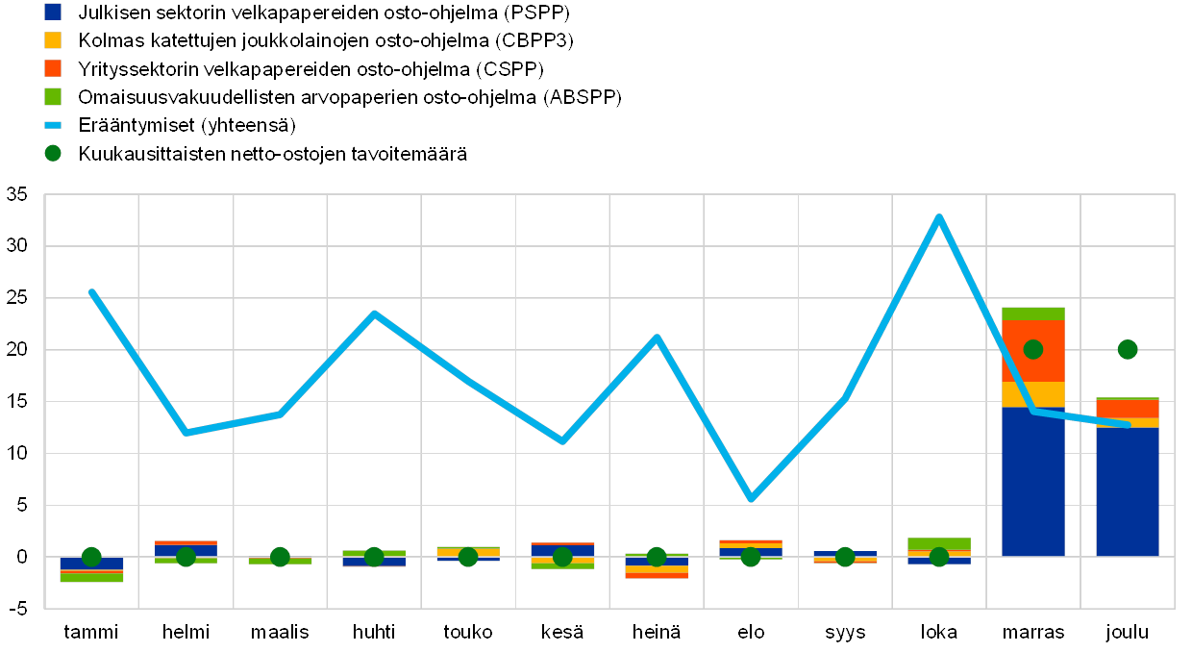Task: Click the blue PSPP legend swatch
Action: [x=54, y=13]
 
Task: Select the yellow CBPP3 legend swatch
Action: [x=54, y=40]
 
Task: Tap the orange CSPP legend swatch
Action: [x=54, y=68]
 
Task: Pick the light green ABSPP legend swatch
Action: [x=54, y=97]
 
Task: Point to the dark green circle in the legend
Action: [x=54, y=153]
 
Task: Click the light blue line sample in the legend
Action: [x=54, y=125]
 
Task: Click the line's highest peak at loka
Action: [x=939, y=217]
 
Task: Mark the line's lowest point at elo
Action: [x=751, y=498]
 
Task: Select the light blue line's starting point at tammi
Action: [x=91, y=291]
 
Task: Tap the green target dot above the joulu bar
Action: [x=1128, y=349]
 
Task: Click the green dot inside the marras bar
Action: [x=1033, y=349]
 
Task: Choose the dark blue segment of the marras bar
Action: [x=1033, y=481]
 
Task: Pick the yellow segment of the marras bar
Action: [x=1033, y=394]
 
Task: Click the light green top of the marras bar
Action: [x=1033, y=313]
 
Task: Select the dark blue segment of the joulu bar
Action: [x=1128, y=490]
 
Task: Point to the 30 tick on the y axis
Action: [x=17, y=246]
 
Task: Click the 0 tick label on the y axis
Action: [x=22, y=557]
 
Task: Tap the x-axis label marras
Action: [x=1033, y=633]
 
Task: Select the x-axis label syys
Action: [x=845, y=633]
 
